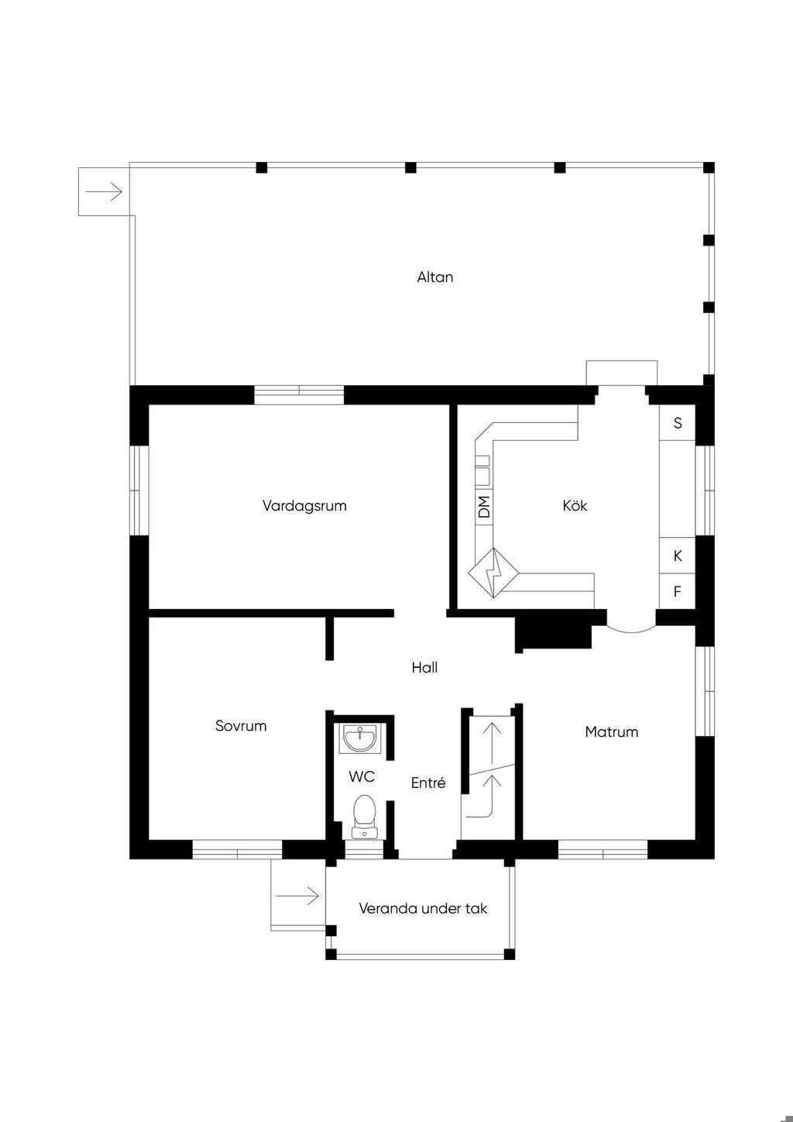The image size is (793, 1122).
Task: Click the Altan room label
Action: click(x=435, y=277)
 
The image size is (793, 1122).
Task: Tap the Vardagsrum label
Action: click(x=304, y=505)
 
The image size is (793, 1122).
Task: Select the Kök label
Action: click(x=575, y=505)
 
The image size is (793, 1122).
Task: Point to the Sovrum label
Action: click(x=241, y=726)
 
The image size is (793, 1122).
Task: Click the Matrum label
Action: click(x=611, y=731)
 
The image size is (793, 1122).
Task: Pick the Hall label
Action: click(x=424, y=667)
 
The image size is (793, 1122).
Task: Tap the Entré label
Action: click(x=428, y=783)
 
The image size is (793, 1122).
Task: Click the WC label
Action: click(x=362, y=777)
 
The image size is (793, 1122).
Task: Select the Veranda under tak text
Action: click(x=423, y=909)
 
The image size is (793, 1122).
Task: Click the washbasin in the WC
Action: click(x=359, y=738)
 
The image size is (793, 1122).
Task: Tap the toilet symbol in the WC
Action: click(x=364, y=817)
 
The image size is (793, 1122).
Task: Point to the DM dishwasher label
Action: click(x=483, y=507)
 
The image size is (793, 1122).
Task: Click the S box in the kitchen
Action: click(x=677, y=423)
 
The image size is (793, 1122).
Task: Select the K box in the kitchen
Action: click(x=677, y=556)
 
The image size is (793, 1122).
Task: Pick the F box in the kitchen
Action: click(x=677, y=591)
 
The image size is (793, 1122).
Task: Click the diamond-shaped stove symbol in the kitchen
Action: click(x=493, y=573)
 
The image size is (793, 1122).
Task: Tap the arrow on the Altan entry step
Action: click(x=104, y=191)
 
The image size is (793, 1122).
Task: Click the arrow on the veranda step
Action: click(x=297, y=896)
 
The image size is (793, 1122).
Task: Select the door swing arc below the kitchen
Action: click(x=631, y=630)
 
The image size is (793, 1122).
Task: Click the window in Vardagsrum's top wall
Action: click(x=299, y=394)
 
